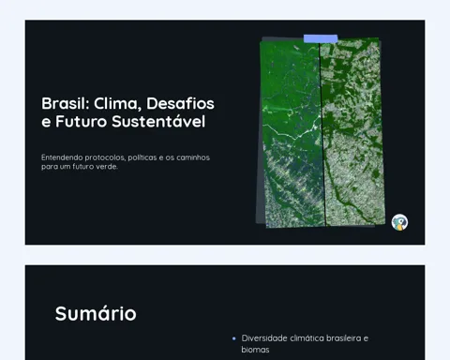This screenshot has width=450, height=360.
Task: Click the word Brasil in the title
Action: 66,103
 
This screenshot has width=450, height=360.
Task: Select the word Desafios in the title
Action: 180,103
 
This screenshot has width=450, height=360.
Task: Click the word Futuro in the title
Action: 82,122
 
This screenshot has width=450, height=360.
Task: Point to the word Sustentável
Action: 158,121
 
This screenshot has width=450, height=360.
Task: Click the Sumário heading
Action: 96,313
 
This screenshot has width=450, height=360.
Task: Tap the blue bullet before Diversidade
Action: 234,338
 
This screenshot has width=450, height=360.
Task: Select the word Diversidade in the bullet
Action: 264,338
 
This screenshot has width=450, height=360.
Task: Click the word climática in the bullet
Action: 307,338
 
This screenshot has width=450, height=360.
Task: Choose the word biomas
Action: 255,350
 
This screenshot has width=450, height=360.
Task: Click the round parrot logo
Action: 399,222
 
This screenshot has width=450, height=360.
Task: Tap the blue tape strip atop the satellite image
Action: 321,38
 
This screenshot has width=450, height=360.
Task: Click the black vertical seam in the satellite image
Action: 322,134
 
